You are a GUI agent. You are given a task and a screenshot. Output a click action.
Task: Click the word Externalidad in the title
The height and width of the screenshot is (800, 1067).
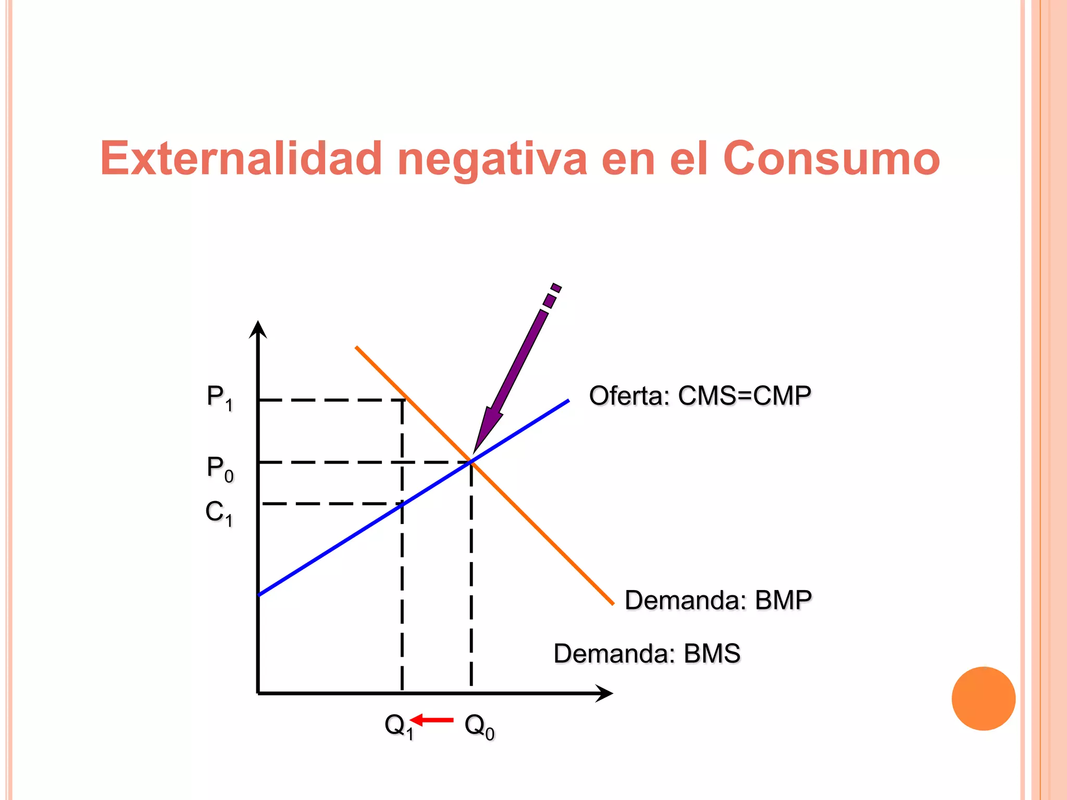click(241, 158)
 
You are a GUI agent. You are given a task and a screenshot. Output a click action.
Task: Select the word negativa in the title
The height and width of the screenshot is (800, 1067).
click(492, 159)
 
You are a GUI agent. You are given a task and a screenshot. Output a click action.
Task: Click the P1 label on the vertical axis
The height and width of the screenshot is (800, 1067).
click(219, 398)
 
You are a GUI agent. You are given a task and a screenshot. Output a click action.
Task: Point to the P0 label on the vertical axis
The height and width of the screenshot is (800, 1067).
click(220, 469)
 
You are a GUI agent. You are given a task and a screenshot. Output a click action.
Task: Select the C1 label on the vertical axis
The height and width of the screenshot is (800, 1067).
click(219, 513)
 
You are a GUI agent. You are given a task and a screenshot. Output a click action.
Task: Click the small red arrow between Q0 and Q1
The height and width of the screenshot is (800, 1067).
click(432, 720)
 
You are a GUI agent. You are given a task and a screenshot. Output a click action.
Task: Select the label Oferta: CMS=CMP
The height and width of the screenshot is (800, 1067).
click(700, 396)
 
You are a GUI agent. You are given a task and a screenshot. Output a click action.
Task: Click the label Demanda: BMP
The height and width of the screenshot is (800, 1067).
click(718, 600)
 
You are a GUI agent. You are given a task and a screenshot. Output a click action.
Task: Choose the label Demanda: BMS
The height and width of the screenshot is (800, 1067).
click(647, 654)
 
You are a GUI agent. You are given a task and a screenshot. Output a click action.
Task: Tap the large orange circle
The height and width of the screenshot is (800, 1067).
click(983, 698)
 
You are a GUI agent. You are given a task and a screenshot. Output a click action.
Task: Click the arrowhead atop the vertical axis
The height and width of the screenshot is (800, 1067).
click(258, 329)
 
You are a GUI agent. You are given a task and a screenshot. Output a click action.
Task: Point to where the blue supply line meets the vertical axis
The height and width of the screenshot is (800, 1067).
click(259, 594)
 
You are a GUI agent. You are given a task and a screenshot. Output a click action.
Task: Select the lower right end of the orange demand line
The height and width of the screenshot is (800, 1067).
click(613, 604)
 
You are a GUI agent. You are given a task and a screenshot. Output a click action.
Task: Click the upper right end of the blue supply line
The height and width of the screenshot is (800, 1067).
click(568, 401)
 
